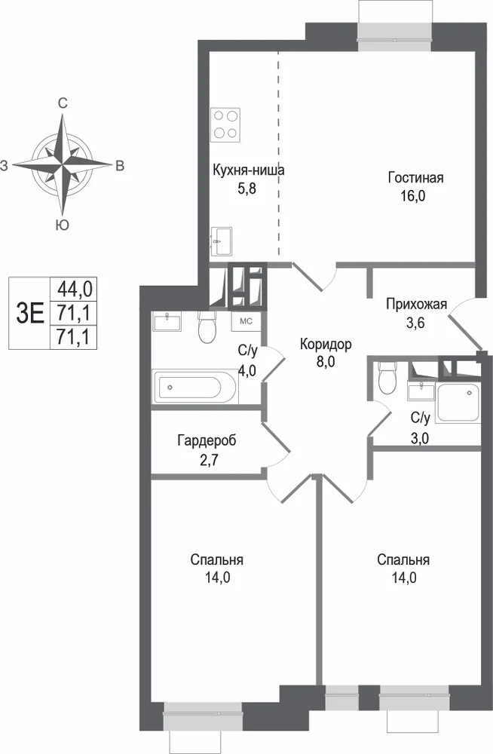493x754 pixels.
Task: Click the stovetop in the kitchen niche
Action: pos(225,124)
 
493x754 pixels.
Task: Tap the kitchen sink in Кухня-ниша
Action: pos(222,241)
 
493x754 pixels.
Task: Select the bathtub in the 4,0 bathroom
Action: pos(194,386)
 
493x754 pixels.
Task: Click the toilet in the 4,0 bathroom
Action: pos(208,327)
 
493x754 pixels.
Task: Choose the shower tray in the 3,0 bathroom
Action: pos(458,403)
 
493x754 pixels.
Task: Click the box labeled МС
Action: pos(246,321)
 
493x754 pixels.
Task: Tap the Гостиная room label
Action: pos(415,178)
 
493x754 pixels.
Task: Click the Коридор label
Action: pos(326,345)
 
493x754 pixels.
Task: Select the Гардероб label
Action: pos(207,440)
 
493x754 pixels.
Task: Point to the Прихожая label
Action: pos(417,304)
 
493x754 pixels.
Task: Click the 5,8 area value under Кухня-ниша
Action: pos(246,188)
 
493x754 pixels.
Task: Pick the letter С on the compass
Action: pos(63,103)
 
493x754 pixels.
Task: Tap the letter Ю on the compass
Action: pos(62,225)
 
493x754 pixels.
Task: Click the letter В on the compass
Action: pos(120,166)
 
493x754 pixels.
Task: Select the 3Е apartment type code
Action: pos(30,313)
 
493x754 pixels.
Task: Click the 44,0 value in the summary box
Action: pos(75,289)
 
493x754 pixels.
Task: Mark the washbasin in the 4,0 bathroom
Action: pos(167,321)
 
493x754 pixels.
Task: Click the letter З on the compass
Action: pos(5,167)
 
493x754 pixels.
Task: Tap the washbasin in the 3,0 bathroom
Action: pos(421,391)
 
